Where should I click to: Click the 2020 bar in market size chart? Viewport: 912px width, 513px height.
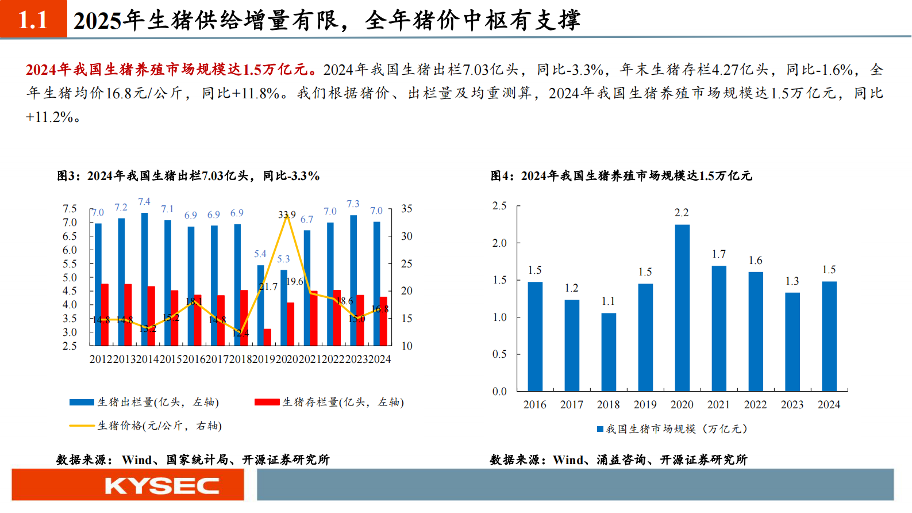pyautogui.click(x=682, y=308)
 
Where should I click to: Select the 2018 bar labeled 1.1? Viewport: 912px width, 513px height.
pyautogui.click(x=609, y=352)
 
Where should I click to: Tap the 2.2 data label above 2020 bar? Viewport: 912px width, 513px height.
pyautogui.click(x=682, y=213)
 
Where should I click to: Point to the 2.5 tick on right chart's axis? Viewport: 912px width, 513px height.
pyautogui.click(x=499, y=206)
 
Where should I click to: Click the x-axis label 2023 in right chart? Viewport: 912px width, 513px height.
pyautogui.click(x=792, y=405)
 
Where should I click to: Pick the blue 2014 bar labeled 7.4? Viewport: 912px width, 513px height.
pyautogui.click(x=144, y=279)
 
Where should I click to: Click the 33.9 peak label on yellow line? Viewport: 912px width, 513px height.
pyautogui.click(x=287, y=215)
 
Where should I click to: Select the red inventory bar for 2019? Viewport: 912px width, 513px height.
pyautogui.click(x=267, y=337)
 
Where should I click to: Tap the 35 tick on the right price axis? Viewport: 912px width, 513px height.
pyautogui.click(x=406, y=209)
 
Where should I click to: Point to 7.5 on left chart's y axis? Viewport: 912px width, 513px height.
pyautogui.click(x=70, y=209)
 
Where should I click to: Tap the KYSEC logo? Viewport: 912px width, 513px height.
pyautogui.click(x=161, y=487)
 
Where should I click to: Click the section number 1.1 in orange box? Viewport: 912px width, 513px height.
pyautogui.click(x=33, y=20)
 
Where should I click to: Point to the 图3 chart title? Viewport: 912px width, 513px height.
pyautogui.click(x=188, y=176)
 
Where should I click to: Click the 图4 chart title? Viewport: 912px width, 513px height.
pyautogui.click(x=621, y=176)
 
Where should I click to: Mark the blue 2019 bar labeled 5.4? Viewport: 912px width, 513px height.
pyautogui.click(x=260, y=305)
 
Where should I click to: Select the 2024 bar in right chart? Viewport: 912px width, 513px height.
pyautogui.click(x=829, y=336)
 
